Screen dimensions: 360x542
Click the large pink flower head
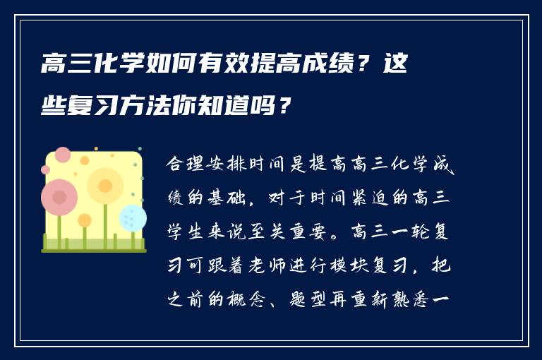point(59,197)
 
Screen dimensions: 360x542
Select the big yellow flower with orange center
point(105,186)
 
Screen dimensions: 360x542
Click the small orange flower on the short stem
point(85,220)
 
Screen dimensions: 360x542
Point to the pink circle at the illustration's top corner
point(63,155)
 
